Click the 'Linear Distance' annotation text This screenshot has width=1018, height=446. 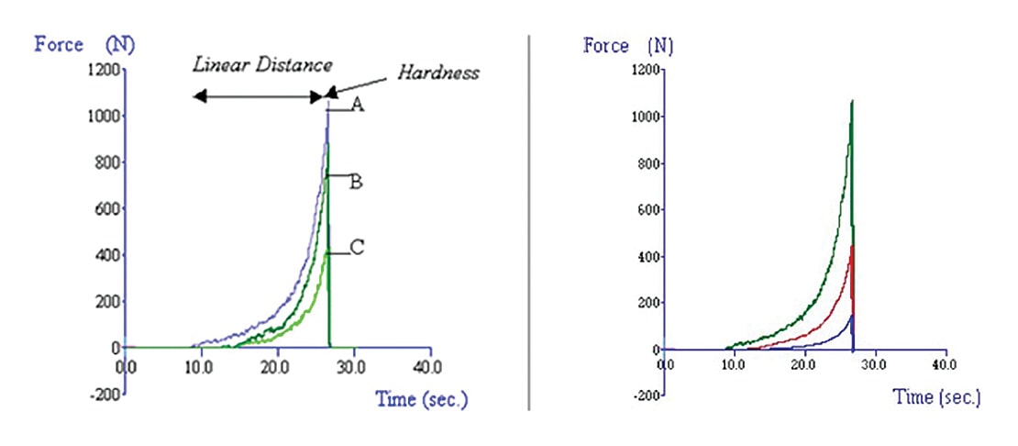tap(262, 65)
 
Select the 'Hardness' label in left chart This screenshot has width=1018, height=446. tap(437, 73)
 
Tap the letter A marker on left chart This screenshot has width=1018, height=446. tap(358, 106)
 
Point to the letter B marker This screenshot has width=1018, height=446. tap(356, 181)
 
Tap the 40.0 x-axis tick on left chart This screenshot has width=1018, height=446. tap(428, 366)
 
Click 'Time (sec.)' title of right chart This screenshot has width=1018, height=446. tap(936, 397)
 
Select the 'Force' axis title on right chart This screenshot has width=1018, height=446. tap(607, 46)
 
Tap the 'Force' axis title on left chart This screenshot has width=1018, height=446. tap(59, 43)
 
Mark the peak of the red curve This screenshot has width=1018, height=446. tap(853, 246)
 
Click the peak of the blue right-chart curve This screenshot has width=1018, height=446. tap(852, 316)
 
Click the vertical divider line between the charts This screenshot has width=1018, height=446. tap(530, 220)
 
